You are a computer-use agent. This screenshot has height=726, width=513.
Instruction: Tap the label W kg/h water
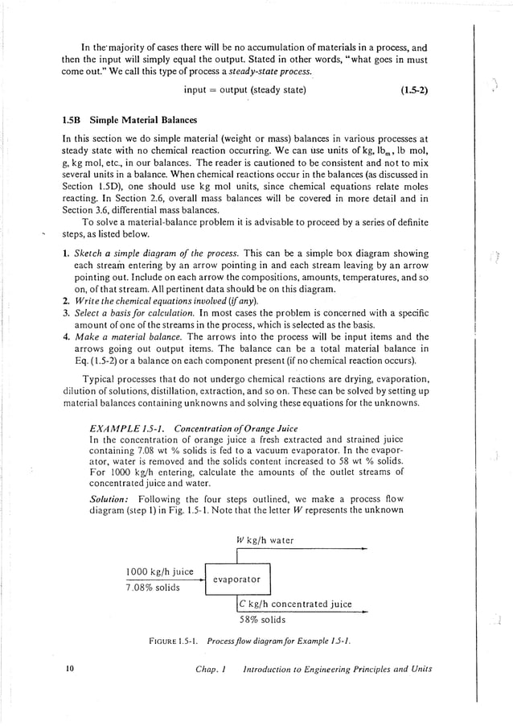[270, 540]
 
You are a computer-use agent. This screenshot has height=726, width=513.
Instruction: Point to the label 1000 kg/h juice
[160, 571]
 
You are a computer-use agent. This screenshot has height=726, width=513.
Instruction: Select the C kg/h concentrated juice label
[297, 604]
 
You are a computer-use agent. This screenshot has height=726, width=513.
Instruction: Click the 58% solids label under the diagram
[263, 620]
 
